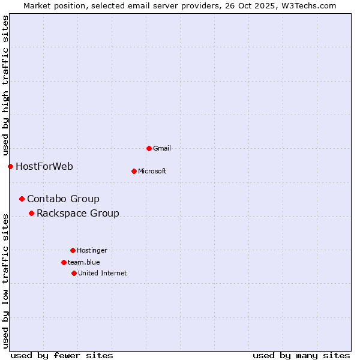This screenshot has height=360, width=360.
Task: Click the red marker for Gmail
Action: click(x=149, y=148)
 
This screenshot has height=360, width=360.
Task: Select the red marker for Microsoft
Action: click(x=134, y=171)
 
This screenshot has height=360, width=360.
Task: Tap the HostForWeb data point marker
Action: click(x=10, y=166)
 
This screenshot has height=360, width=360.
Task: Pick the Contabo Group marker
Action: click(x=22, y=199)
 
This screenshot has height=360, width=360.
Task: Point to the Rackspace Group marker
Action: click(x=31, y=213)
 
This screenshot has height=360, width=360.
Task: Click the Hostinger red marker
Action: click(x=73, y=250)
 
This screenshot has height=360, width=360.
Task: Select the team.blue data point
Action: click(x=64, y=262)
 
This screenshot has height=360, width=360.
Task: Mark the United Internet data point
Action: click(x=74, y=273)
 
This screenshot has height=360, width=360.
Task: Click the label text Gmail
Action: click(x=162, y=148)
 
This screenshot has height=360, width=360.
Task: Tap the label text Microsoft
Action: click(x=152, y=171)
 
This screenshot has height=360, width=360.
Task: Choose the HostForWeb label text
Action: click(x=44, y=166)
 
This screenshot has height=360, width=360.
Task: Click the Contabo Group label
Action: click(x=63, y=199)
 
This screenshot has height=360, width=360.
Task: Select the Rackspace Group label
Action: click(x=78, y=213)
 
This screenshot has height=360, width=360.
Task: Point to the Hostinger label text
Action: click(x=92, y=250)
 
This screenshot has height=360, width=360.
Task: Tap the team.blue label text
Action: click(x=84, y=262)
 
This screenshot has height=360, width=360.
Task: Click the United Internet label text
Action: click(x=103, y=273)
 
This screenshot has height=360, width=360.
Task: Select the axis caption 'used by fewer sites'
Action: click(x=62, y=355)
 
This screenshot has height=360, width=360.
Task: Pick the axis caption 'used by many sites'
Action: click(x=301, y=355)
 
